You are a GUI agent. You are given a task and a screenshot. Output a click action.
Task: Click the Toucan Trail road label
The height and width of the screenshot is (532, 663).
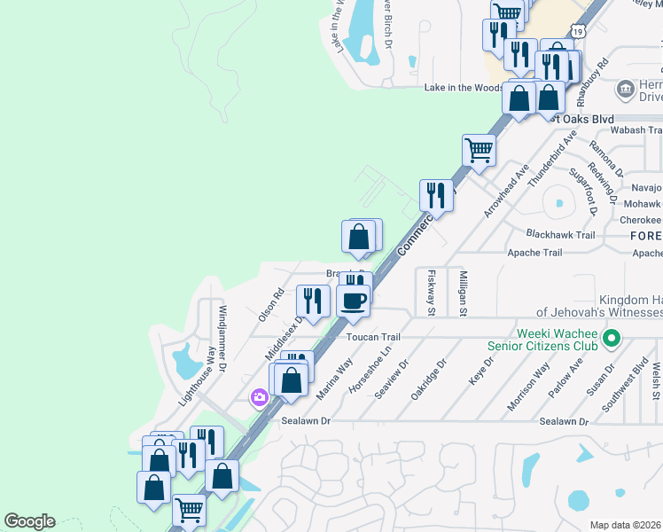click(373, 337)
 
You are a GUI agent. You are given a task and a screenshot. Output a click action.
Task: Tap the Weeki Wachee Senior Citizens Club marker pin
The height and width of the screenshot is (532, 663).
click(610, 338)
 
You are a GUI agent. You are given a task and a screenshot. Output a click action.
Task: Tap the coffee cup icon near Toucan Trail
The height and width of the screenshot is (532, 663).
click(354, 300)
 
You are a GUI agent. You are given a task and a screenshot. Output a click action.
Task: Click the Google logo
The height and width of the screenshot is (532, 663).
click(29, 521)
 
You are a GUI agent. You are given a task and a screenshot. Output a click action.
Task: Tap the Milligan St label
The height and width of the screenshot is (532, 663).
click(463, 293)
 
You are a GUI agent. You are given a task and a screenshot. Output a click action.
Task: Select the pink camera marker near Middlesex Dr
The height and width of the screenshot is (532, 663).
click(259, 397)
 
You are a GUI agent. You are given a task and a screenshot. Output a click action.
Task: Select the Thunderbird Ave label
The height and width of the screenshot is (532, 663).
click(551, 157)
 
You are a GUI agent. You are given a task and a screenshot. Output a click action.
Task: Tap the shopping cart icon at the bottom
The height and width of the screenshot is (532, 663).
click(188, 510)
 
